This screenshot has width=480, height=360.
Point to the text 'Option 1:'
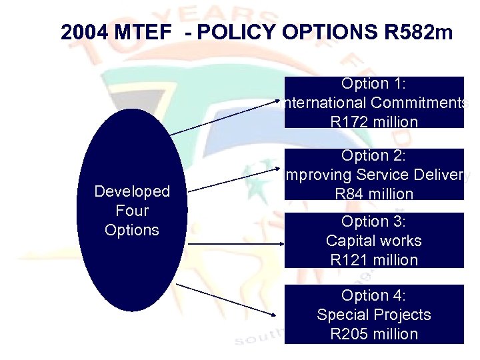point(374,83)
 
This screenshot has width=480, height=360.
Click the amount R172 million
point(374,122)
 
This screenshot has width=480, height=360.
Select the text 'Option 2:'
point(374,155)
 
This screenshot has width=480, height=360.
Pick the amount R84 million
point(374,194)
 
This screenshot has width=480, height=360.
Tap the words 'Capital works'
point(374,241)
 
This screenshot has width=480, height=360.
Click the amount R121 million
point(374,260)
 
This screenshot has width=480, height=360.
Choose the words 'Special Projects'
point(374,315)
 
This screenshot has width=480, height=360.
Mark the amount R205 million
point(374,334)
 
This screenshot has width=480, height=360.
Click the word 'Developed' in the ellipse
point(132,191)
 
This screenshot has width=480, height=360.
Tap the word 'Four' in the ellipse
point(132,211)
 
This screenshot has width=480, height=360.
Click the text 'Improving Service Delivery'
point(374,175)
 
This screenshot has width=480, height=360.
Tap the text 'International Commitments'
point(374,103)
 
